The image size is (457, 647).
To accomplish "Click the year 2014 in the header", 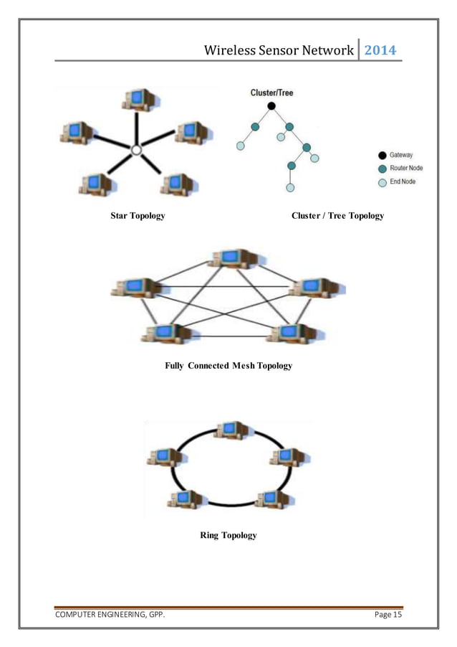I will click(380, 50).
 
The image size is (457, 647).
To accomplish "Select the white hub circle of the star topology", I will click(137, 149).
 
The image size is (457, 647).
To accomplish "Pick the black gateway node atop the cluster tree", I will click(271, 106).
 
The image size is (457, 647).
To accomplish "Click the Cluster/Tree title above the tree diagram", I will click(271, 93).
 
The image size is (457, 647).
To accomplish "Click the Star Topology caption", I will click(138, 216).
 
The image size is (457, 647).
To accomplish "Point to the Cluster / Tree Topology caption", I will click(337, 216).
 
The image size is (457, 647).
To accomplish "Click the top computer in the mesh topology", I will click(234, 260).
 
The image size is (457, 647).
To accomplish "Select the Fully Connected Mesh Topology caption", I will click(228, 366).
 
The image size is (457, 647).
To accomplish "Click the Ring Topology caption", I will click(228, 535).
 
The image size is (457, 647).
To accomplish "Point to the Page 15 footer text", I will click(388, 614).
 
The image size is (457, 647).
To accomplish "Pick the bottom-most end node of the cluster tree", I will click(290, 188).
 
